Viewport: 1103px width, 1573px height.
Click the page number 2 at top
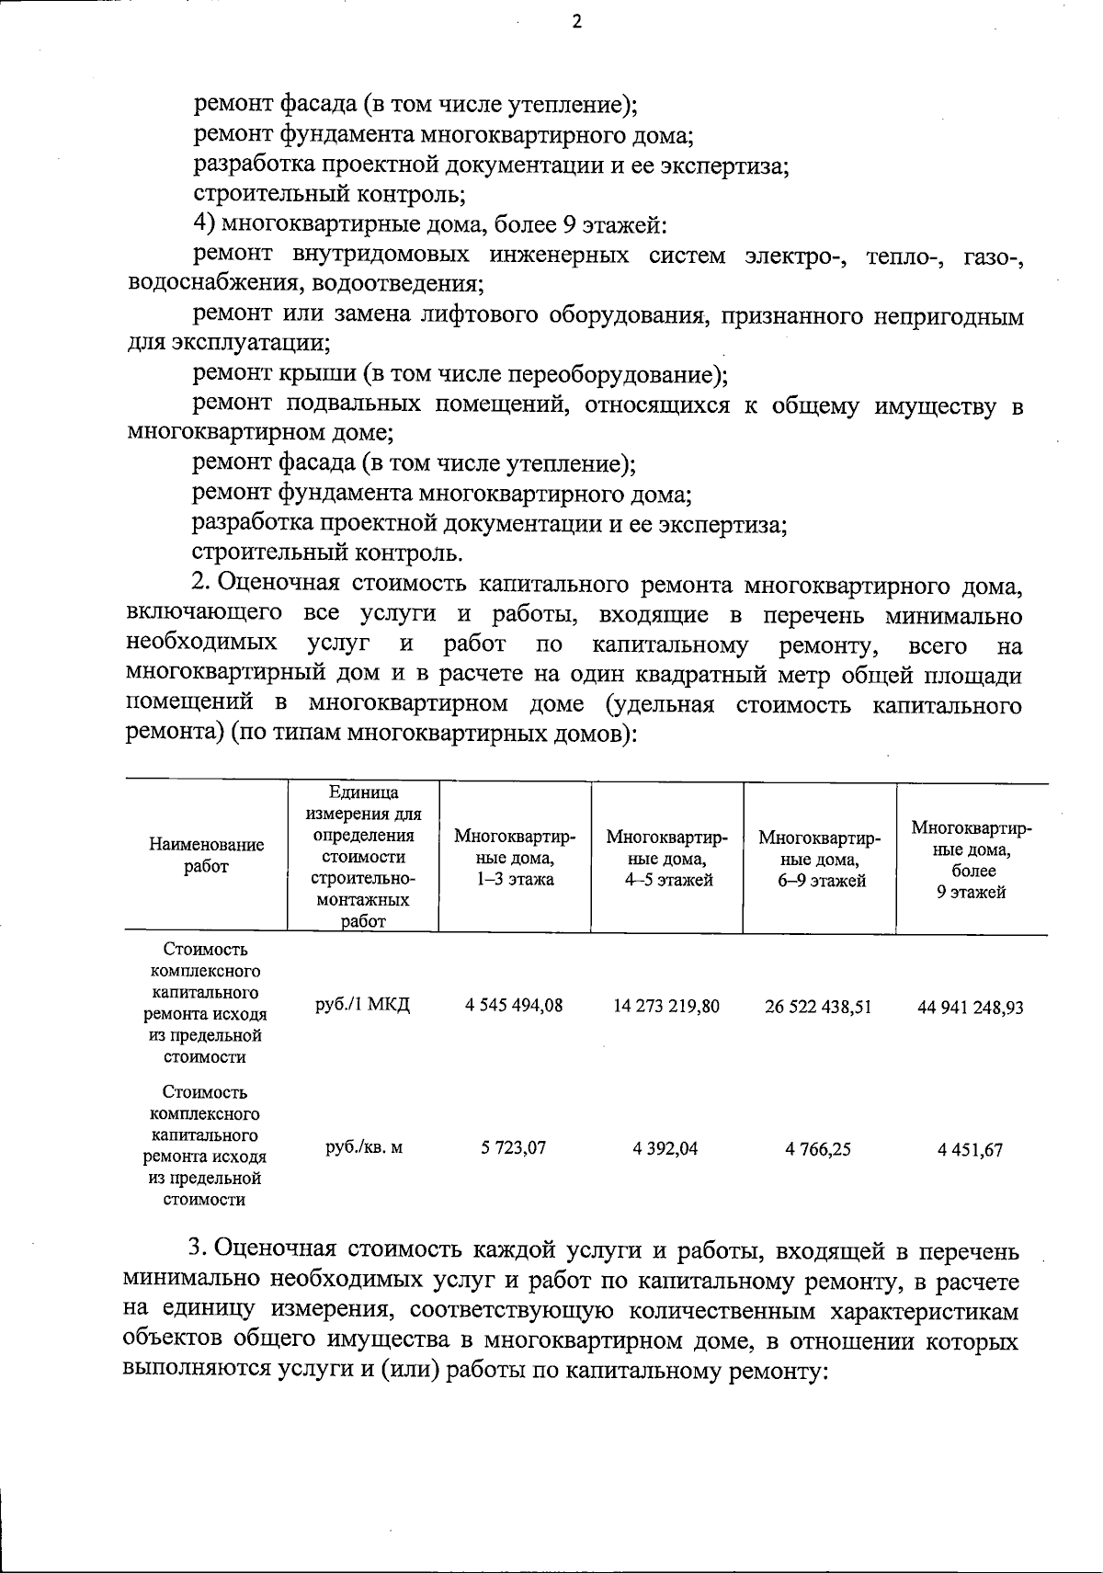576,23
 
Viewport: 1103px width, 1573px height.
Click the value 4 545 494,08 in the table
514,1005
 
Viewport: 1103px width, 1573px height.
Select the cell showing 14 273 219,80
666,1006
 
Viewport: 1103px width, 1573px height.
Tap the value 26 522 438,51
818,1006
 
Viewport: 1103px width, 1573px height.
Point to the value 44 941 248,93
971,1007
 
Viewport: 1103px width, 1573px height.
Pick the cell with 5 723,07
513,1148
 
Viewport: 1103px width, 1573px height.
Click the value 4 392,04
665,1148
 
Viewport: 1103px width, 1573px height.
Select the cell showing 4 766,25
818,1149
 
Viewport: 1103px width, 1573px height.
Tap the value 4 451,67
971,1150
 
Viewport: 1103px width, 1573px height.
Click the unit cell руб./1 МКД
362,1004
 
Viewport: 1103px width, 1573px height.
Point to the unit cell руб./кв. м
364,1147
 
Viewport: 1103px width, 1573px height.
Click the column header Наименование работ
206,855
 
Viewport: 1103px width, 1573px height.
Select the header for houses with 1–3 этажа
515,857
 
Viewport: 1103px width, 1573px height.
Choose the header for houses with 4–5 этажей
666,858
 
